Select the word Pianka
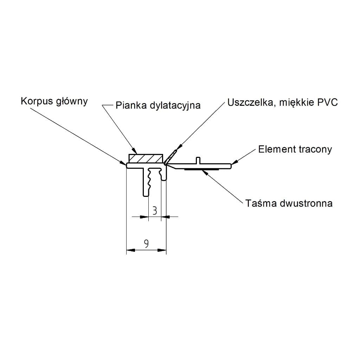click(x=128, y=105)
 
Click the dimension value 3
click(x=155, y=211)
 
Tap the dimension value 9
click(x=146, y=243)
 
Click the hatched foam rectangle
click(x=146, y=158)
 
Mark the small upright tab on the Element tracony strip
click(x=198, y=160)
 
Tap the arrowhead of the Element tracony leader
click(x=234, y=162)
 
